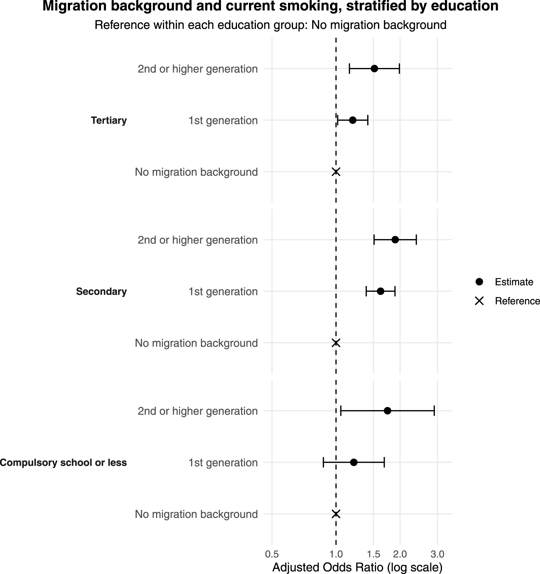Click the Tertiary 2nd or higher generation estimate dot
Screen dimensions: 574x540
tap(374, 69)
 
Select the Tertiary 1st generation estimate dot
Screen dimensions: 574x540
tap(353, 120)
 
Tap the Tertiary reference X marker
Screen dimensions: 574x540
tap(336, 172)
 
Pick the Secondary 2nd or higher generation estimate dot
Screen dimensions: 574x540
tap(395, 240)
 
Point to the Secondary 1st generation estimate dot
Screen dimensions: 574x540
tap(380, 291)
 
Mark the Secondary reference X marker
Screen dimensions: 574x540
tap(336, 343)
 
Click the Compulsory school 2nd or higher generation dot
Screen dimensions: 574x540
tap(387, 411)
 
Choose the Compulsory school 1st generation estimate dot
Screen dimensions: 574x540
tap(354, 462)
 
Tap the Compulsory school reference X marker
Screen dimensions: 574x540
tap(336, 514)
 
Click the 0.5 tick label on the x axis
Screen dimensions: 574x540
tap(272, 554)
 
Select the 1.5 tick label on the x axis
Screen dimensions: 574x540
tap(373, 554)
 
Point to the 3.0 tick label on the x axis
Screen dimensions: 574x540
tap(438, 554)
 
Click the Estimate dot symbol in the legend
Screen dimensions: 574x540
tap(479, 282)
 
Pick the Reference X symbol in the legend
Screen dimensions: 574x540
tap(479, 301)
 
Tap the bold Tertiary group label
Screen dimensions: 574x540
tap(109, 121)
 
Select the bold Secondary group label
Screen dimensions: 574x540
tap(101, 292)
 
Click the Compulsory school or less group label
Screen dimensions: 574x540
tap(63, 463)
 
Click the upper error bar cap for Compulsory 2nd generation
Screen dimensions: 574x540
tap(434, 411)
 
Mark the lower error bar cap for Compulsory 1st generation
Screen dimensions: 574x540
tap(324, 462)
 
